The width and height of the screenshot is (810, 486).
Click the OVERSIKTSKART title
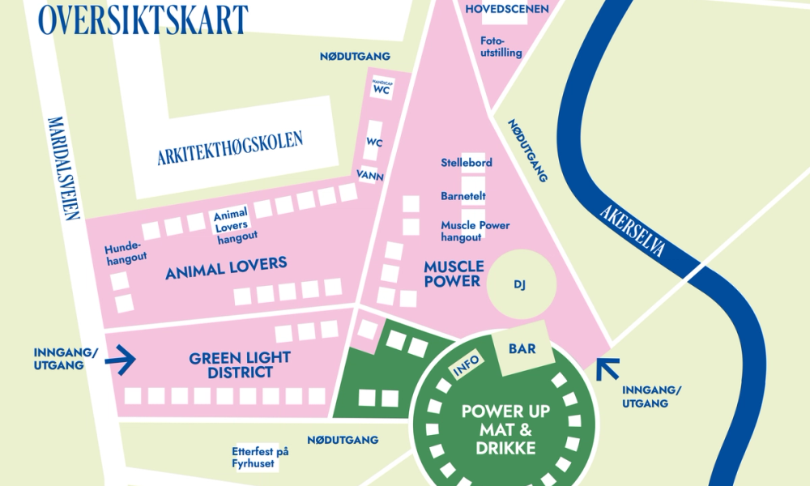[x=143, y=19]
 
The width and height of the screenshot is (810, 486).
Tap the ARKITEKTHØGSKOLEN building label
[x=230, y=149]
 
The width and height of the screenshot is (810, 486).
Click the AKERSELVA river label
[x=633, y=230]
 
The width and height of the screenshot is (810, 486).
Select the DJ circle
[x=519, y=284]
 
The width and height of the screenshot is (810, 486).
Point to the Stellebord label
[x=467, y=163]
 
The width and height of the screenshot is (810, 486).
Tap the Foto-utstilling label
[x=501, y=47]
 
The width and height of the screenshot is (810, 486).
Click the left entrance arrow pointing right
[x=122, y=360]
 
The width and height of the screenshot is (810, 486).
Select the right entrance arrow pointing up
[x=607, y=369]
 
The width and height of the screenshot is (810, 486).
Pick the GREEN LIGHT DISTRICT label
[x=240, y=364]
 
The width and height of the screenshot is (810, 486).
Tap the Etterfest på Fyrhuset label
[x=259, y=458]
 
